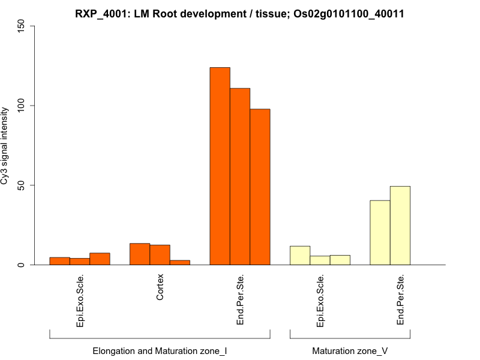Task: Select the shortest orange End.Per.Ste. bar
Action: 260,187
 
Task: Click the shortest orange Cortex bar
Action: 180,262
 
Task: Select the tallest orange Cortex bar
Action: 140,254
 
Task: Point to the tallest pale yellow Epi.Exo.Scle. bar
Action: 300,256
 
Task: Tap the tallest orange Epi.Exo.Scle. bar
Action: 100,259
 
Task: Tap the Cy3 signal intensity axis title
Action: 5,146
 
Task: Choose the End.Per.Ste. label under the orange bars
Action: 240,299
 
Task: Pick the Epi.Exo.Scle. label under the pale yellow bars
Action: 320,302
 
